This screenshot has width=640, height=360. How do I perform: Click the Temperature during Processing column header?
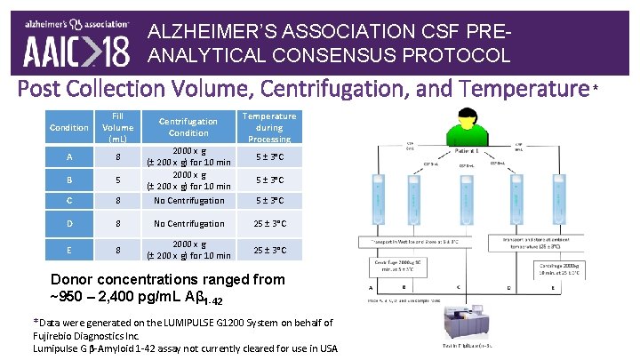pyautogui.click(x=269, y=127)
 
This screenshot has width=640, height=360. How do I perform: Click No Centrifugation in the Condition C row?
pyautogui.click(x=189, y=201)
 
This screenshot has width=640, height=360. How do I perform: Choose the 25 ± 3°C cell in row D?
pyautogui.click(x=269, y=224)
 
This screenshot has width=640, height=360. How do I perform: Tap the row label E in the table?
pyautogui.click(x=56, y=251)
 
